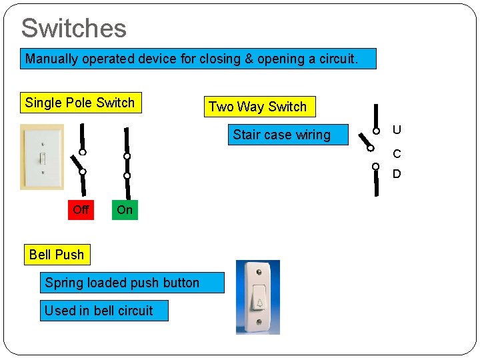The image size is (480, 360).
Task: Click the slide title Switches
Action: (73, 28)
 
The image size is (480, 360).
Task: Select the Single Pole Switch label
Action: (80, 103)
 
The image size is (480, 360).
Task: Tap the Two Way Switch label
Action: (257, 107)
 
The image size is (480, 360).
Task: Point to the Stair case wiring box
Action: (281, 135)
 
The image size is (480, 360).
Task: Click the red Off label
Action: (81, 210)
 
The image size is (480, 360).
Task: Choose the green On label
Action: (125, 210)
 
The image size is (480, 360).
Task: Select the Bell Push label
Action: (57, 255)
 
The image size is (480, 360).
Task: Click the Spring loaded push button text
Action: (122, 283)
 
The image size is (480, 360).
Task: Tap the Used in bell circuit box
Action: (99, 311)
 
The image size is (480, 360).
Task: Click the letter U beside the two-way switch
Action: (397, 129)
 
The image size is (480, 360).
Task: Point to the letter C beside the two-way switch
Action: (397, 154)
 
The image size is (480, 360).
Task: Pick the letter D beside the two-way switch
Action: (397, 174)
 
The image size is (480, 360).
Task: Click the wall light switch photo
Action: (41, 157)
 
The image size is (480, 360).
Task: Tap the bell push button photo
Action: (258, 297)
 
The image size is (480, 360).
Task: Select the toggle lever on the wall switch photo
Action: (41, 158)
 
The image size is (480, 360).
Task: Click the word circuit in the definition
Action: (333, 59)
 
